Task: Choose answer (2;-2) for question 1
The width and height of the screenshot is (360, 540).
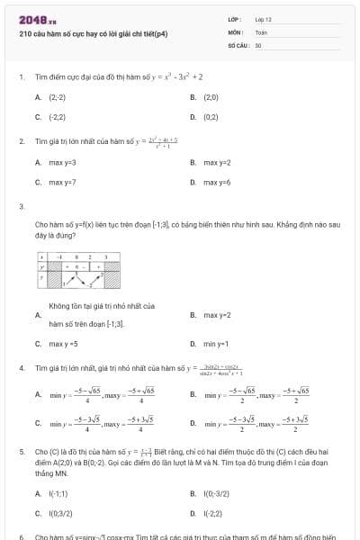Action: click(x=57, y=96)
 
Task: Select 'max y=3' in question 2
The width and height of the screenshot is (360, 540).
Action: click(x=62, y=162)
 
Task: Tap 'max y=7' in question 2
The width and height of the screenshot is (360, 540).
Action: click(x=62, y=183)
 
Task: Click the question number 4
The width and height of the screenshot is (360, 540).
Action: click(x=21, y=369)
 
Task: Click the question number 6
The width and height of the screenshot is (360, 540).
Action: click(x=21, y=535)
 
